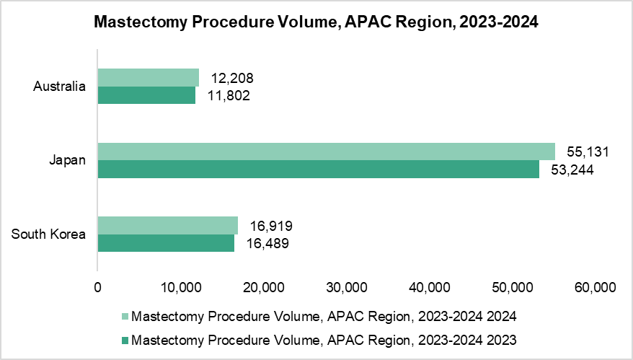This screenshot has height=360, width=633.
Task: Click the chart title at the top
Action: [316, 22]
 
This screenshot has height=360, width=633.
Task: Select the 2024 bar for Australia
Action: [148, 77]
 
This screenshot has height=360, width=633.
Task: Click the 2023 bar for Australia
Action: [146, 95]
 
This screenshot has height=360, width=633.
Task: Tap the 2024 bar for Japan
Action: [326, 151]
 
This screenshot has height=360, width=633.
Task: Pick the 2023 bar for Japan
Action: [318, 169]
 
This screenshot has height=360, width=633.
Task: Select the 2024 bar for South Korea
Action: [167, 225]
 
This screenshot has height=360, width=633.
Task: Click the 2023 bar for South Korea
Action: [166, 243]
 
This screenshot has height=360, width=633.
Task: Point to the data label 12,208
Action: [232, 78]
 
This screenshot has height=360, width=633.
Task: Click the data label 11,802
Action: [229, 95]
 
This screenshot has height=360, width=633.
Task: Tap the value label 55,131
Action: [588, 152]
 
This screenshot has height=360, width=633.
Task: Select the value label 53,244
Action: [572, 170]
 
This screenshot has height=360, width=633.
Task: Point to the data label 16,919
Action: [270, 226]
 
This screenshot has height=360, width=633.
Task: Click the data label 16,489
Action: [267, 243]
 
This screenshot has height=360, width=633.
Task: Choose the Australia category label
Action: [60, 87]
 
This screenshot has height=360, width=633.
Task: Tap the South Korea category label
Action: [49, 234]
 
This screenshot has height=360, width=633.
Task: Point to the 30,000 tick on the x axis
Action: [346, 288]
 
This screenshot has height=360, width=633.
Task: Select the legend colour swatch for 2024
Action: [125, 317]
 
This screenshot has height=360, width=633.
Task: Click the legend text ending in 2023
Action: [324, 340]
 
